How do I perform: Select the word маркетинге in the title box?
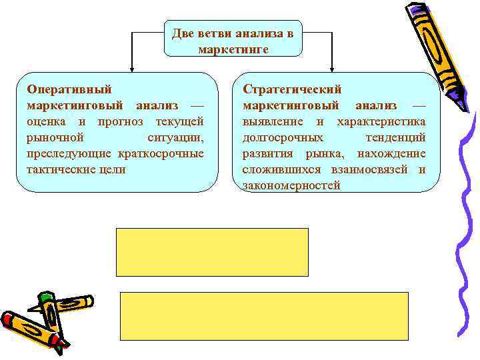[x=233, y=49]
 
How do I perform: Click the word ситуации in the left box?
[x=175, y=137]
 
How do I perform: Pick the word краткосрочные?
[x=160, y=153]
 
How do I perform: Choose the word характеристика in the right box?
[x=381, y=121]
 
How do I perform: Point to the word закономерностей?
[x=291, y=185]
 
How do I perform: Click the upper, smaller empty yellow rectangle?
[x=213, y=251]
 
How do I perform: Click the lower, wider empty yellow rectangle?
[x=264, y=316]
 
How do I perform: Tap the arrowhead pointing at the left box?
[x=131, y=67]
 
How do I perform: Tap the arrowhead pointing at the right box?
[x=332, y=67]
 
